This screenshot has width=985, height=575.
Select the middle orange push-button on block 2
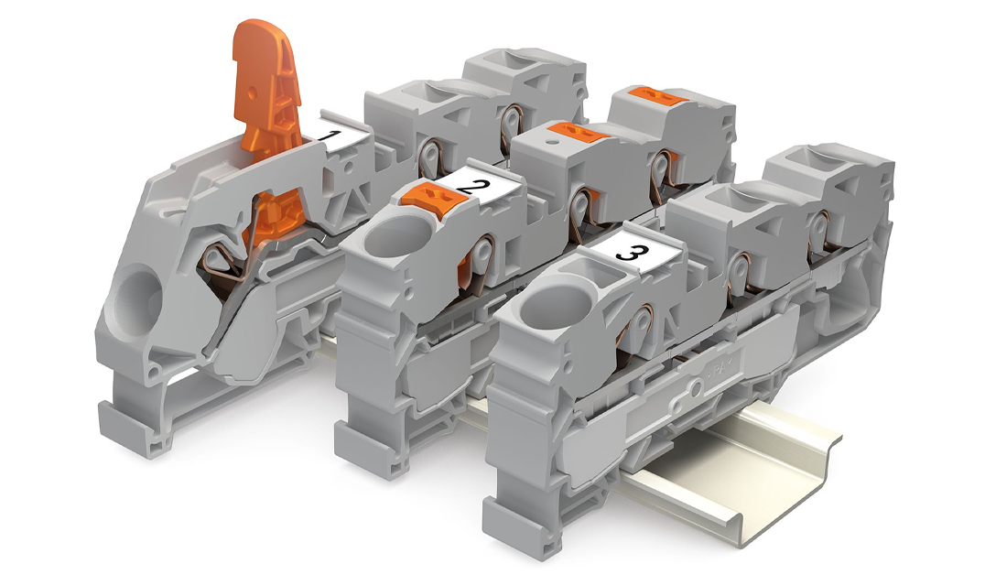(579, 135)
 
